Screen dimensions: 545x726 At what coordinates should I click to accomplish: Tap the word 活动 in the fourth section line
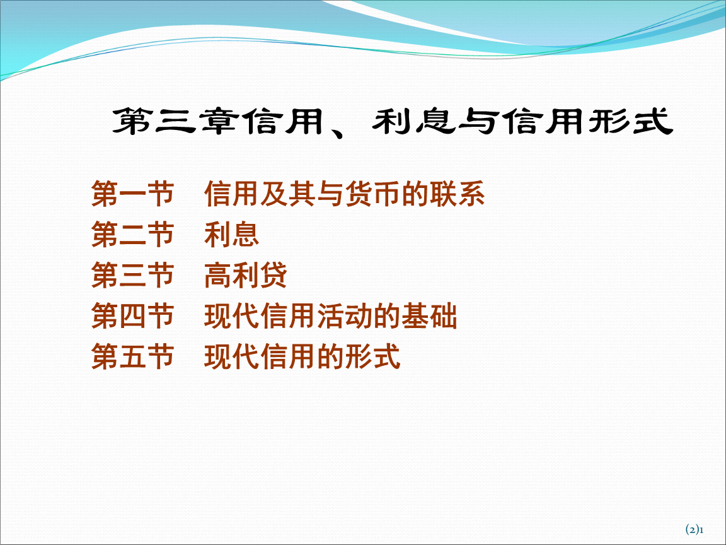click(345, 317)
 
